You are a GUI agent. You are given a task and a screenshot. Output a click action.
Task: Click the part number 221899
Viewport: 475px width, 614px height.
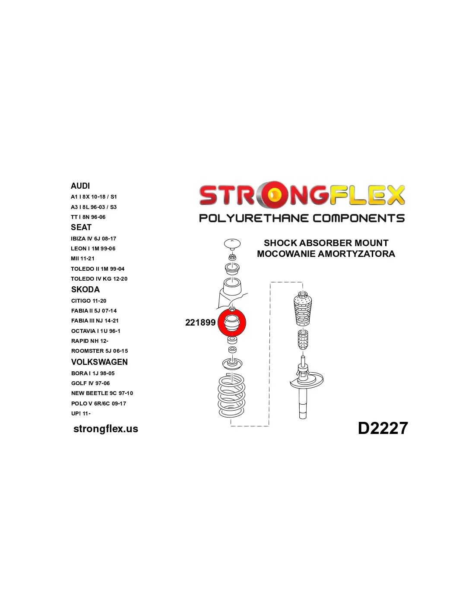coord(200,323)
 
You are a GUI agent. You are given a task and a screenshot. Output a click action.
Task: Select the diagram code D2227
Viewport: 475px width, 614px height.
coord(383,428)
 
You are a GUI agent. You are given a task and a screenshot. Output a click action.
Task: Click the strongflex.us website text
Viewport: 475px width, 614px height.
coord(106,429)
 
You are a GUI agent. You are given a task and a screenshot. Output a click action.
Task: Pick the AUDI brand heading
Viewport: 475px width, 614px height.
coord(80,186)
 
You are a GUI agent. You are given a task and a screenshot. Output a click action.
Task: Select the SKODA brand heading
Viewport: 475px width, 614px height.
coord(85,290)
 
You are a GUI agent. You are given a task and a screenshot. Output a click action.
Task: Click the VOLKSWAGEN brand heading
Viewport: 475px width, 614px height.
coord(99,362)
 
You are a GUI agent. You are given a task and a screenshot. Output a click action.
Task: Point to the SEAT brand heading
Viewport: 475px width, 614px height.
coord(81,228)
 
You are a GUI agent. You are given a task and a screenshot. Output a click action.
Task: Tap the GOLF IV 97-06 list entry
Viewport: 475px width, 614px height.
coord(90,383)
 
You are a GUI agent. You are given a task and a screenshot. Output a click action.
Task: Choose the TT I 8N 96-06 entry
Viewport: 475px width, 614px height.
coord(88,217)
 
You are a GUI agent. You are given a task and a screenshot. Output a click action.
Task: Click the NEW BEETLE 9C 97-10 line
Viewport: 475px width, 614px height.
coord(102,393)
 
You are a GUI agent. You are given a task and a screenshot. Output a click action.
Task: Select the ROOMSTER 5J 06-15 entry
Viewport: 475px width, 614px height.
coord(99,351)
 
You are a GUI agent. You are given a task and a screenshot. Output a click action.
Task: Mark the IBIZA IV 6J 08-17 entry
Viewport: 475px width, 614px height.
coord(94,239)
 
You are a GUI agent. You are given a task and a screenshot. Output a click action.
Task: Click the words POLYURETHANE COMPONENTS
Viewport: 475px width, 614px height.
coord(302,218)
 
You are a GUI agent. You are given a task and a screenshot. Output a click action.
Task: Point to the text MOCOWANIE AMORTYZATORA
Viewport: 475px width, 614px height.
coord(326,254)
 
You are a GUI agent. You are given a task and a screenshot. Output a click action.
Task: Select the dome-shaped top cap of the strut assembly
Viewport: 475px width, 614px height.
coord(232,244)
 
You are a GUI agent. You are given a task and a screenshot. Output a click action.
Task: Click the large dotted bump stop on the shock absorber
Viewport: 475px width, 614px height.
coord(303,310)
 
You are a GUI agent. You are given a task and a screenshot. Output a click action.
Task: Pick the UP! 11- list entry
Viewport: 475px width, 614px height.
coord(81,414)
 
